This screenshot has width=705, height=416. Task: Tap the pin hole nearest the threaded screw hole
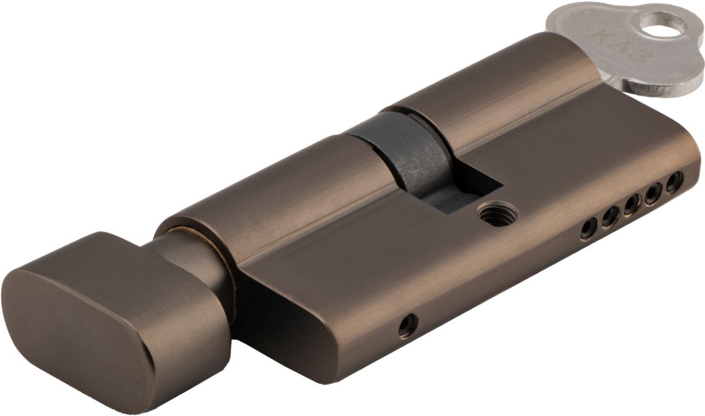click(x=589, y=229)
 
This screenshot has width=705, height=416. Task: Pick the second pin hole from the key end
click(x=653, y=193)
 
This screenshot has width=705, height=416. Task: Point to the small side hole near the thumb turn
click(x=408, y=325)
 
